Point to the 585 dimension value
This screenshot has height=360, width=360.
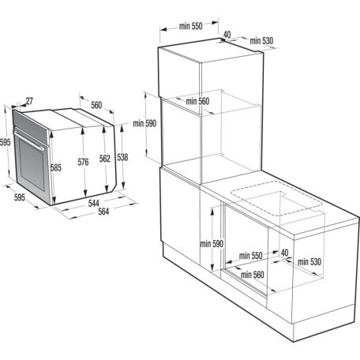[x=56, y=168]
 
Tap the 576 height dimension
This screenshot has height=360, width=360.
[x=82, y=163]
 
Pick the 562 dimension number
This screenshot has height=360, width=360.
[x=104, y=159]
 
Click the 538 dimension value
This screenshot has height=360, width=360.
[x=122, y=156]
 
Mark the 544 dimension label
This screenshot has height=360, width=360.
[x=93, y=203]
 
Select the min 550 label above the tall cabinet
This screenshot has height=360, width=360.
[x=191, y=26]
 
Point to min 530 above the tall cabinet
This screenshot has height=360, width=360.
[x=261, y=40]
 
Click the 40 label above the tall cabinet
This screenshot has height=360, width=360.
[x=227, y=35]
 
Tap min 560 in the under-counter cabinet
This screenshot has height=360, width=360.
[x=251, y=274]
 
